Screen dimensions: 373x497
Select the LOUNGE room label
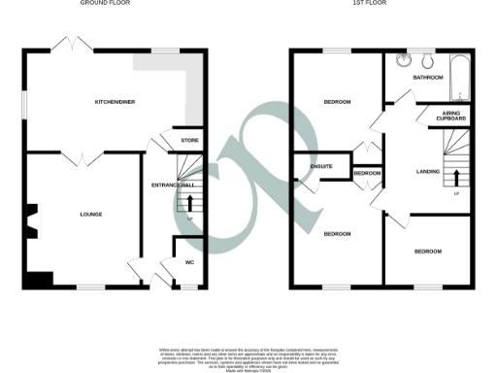click(x=91, y=214)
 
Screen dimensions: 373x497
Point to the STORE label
click(x=189, y=142)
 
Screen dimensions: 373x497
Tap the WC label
click(x=190, y=261)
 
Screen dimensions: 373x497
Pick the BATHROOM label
click(x=428, y=77)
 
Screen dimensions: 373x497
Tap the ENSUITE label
click(x=321, y=167)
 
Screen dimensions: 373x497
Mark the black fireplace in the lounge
click(x=33, y=220)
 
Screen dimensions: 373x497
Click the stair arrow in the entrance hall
click(x=190, y=205)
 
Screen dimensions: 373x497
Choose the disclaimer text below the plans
click(x=248, y=356)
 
